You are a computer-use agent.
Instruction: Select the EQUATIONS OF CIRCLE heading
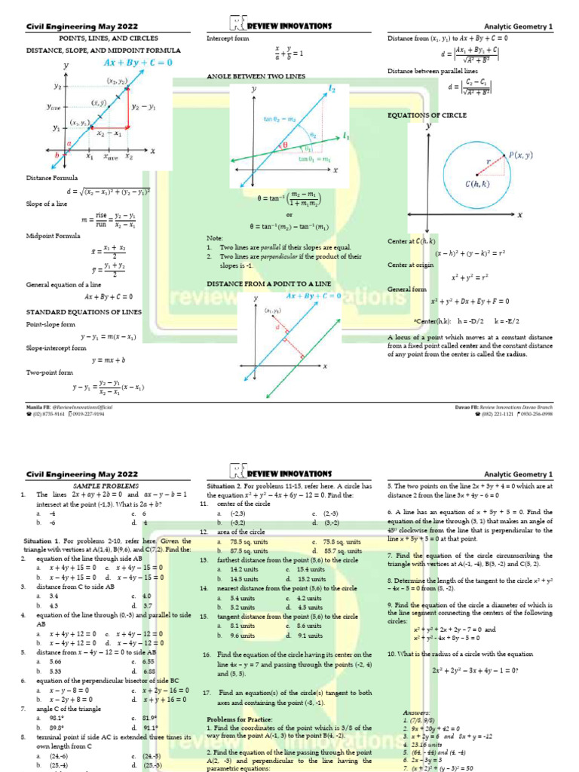[x=427, y=115]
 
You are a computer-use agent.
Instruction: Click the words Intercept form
[x=227, y=38]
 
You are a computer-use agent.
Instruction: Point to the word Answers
[x=416, y=712]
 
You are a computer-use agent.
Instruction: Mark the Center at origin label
[x=411, y=265]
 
